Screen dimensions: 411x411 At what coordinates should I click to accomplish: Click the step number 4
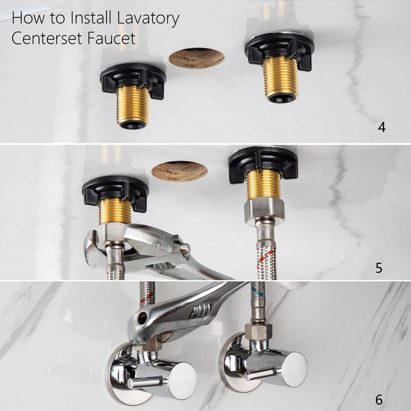[x=382, y=127]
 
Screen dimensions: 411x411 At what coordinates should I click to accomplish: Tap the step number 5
[x=379, y=268]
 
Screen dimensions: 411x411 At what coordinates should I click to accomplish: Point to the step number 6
[x=379, y=400]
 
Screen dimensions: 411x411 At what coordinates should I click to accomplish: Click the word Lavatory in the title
[x=148, y=18]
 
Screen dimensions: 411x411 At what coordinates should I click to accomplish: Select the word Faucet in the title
[x=111, y=38]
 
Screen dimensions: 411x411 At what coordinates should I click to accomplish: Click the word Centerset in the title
[x=47, y=38]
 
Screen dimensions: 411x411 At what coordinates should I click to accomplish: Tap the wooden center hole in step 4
[x=196, y=58]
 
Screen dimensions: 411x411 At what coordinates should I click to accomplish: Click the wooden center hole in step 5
[x=180, y=171]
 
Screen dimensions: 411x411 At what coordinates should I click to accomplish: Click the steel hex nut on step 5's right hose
[x=264, y=212]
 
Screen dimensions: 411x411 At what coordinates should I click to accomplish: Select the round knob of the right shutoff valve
[x=295, y=369]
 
